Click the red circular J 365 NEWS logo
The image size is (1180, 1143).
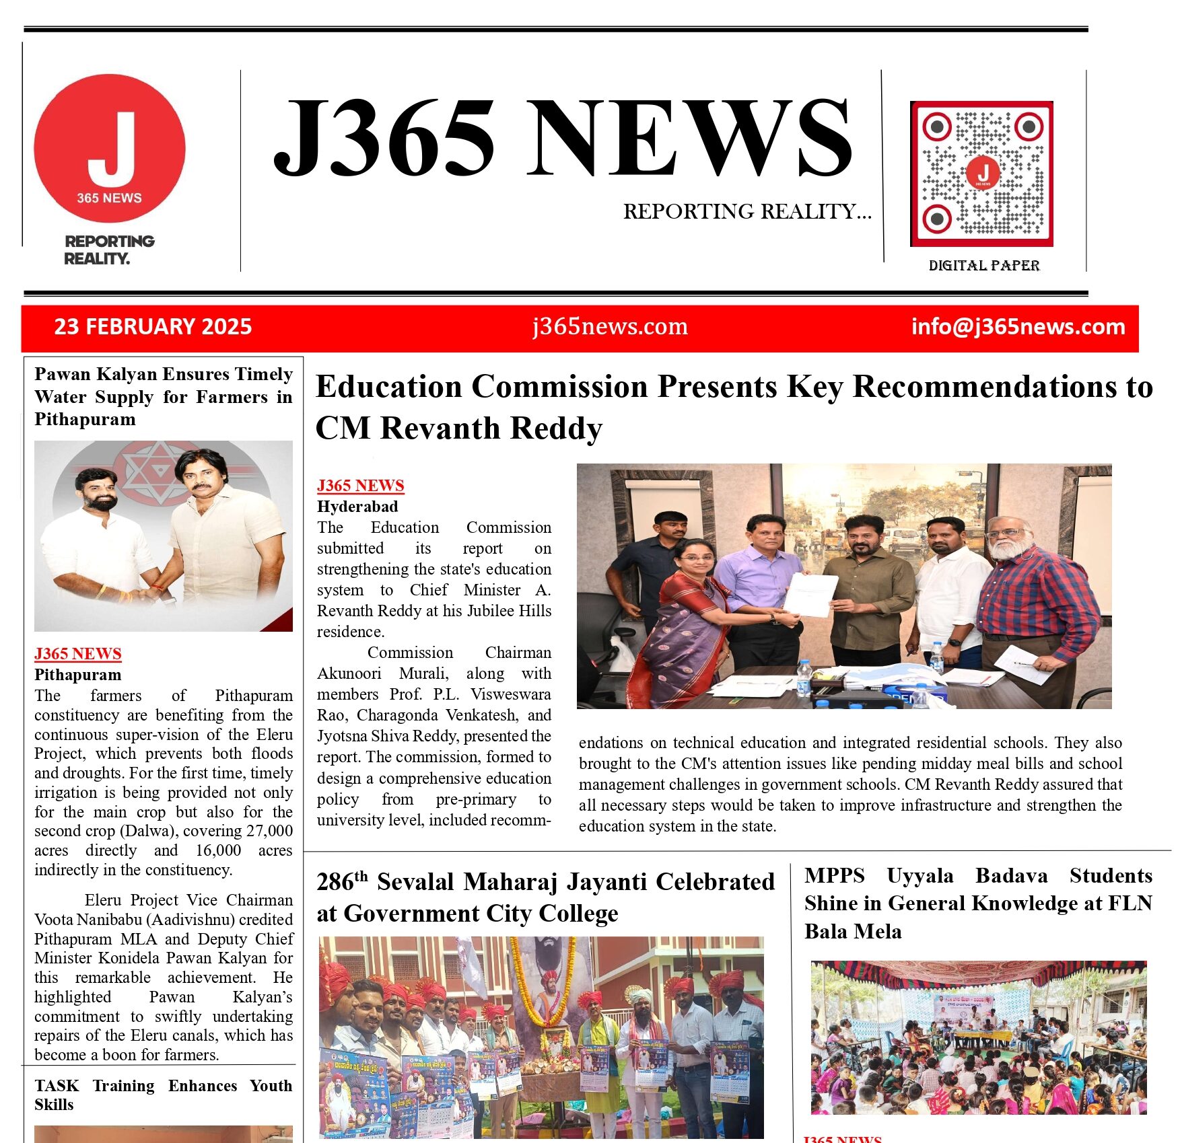109,149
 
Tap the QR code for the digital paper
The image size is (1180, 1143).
981,174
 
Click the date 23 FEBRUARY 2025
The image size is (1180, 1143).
153,327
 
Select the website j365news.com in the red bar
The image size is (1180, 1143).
610,327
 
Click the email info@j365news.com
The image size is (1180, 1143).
1018,327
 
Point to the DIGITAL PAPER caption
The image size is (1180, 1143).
983,266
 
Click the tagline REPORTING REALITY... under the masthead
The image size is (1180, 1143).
747,212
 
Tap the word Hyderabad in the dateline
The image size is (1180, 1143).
357,507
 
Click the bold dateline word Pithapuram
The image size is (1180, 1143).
78,675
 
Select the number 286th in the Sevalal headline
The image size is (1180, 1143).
342,881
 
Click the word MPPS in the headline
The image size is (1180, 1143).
834,876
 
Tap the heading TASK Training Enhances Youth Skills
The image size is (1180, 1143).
163,1095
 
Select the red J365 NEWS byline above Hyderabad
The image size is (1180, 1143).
360,486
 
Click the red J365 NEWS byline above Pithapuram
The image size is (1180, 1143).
78,654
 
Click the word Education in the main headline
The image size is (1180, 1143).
388,387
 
